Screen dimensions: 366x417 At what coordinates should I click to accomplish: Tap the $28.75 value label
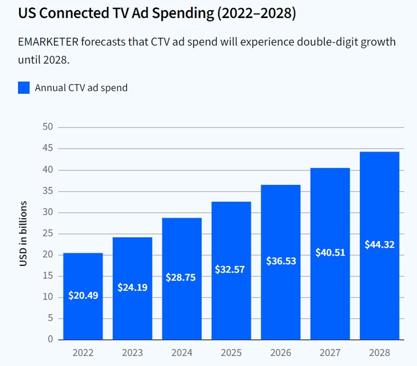[x=180, y=278]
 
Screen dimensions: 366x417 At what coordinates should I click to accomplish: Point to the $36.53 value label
[x=281, y=261]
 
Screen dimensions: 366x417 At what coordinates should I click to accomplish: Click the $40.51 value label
[x=330, y=253]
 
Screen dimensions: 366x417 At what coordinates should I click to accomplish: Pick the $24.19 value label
[x=132, y=287]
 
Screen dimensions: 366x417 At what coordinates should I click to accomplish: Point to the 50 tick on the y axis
[x=48, y=127]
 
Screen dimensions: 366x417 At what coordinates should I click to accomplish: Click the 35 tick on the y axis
[x=48, y=191]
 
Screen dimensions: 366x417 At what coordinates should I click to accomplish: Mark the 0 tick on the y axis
[x=50, y=340]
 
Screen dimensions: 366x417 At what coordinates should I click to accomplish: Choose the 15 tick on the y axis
[x=48, y=276]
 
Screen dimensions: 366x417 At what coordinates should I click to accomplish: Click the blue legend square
[x=24, y=88]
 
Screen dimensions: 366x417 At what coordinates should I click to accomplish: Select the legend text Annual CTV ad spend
[x=81, y=88]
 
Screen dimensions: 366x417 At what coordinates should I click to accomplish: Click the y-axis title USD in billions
[x=24, y=234]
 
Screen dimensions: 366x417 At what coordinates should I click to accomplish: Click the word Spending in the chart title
[x=185, y=14]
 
